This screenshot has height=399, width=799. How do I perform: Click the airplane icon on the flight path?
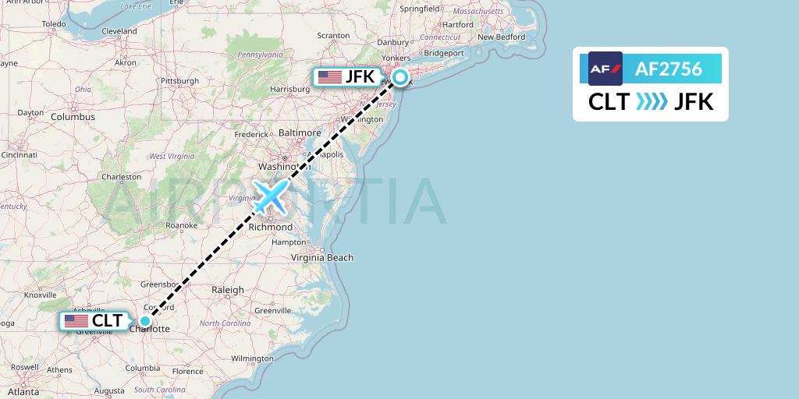coord(271,196)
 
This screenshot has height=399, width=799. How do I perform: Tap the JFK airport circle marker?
coord(400,77)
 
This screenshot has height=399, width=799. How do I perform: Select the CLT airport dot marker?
coord(145,320)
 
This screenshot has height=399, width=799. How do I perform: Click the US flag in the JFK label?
coord(330,77)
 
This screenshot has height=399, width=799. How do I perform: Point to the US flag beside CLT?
coord(76,321)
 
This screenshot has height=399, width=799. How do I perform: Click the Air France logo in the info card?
coord(605,69)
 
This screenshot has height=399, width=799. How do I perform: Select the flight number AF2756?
coord(669,69)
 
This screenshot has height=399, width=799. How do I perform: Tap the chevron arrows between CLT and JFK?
coord(652,102)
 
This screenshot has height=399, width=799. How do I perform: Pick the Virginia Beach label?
coord(322,257)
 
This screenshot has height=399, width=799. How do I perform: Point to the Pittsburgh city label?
coord(179,80)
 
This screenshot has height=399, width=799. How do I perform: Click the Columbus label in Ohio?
coord(73,117)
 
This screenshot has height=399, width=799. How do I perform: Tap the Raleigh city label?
coord(228,290)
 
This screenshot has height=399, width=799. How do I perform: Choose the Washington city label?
coord(279,166)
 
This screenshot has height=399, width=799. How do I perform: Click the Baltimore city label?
coord(300,133)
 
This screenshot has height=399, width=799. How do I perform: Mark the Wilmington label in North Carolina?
coord(252,358)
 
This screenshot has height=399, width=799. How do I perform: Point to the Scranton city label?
coord(333,36)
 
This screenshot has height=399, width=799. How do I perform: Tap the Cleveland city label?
coord(119,31)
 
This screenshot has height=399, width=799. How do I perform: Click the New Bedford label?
coord(501,37)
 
